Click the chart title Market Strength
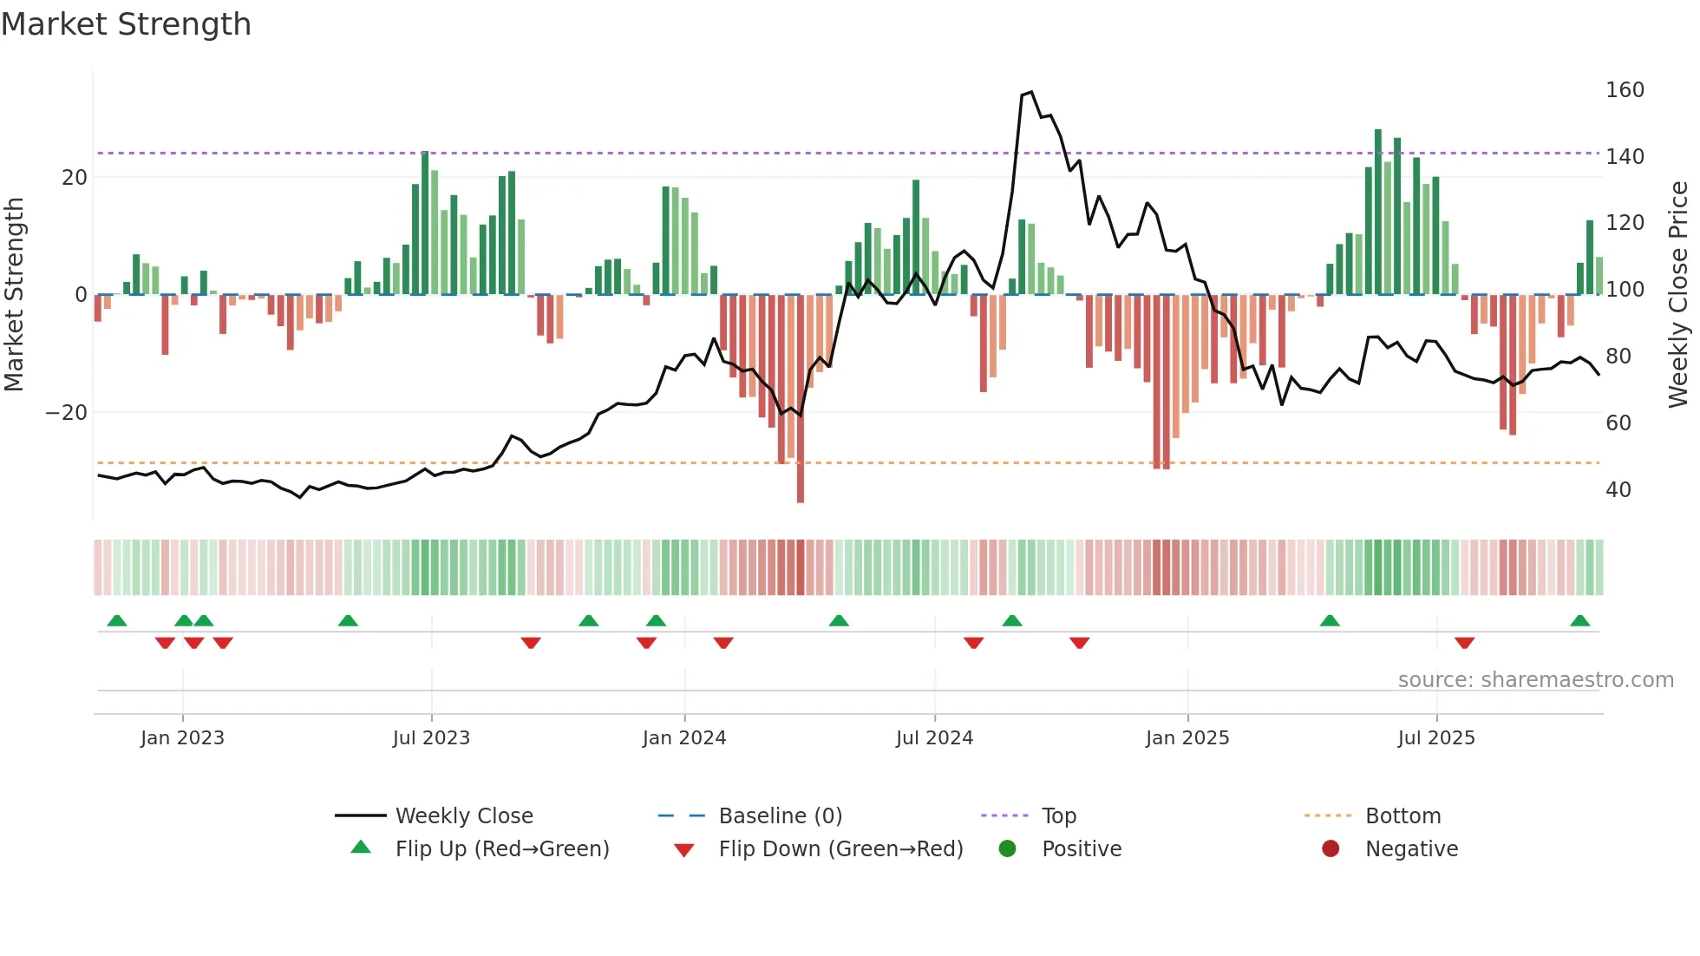[126, 24]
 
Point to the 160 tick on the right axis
[1624, 90]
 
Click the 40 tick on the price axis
[1618, 490]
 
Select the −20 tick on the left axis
[67, 413]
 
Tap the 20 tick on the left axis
[75, 178]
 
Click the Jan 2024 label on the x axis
[683, 738]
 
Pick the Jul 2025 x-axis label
[1435, 738]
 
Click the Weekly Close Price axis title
[1678, 295]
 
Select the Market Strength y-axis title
[14, 295]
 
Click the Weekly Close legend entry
[463, 816]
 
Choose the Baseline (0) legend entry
[780, 816]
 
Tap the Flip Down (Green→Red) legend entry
[840, 849]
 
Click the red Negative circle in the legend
[1330, 849]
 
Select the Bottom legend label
[1402, 816]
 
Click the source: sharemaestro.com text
[1535, 680]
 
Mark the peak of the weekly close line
[1030, 92]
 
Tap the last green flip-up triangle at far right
[1579, 620]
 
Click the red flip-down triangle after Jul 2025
[1464, 643]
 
